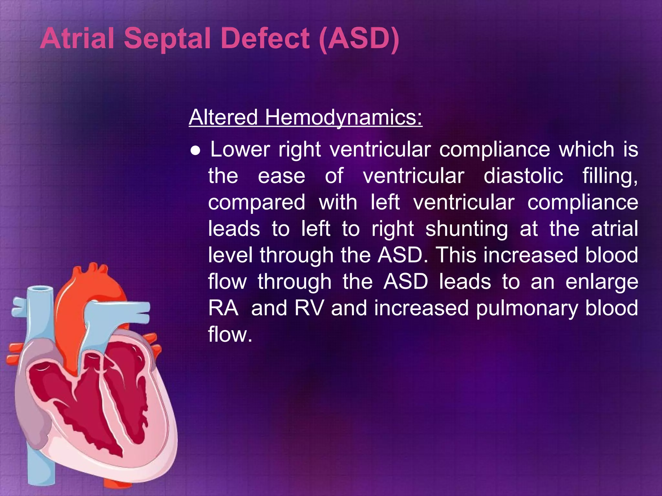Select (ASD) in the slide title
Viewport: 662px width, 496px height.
[x=359, y=39]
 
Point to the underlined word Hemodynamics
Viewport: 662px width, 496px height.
[x=343, y=118]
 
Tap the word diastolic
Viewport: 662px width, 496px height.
[x=523, y=176]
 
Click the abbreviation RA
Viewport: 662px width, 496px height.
[x=223, y=308]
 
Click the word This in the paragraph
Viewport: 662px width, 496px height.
[x=456, y=255]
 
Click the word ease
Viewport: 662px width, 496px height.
[x=281, y=177]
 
